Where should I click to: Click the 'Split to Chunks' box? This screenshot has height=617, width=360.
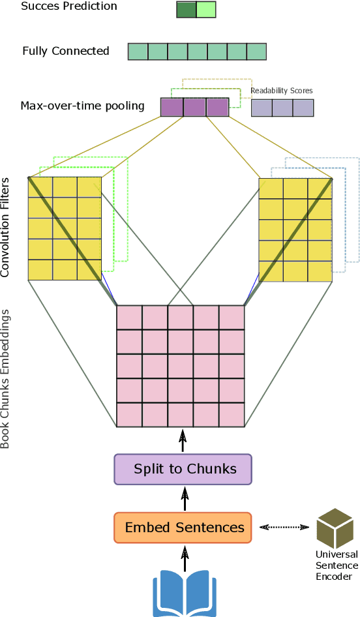(183, 469)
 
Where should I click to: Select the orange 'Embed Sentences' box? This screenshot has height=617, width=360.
(183, 527)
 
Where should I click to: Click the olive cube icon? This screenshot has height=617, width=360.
(335, 528)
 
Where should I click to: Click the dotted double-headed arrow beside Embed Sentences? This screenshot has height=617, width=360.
(284, 527)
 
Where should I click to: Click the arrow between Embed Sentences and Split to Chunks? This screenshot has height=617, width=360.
(184, 498)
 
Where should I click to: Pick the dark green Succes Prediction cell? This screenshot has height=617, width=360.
(186, 9)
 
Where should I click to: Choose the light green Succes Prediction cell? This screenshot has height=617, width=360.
(205, 9)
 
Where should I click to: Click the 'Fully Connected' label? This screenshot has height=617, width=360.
(66, 51)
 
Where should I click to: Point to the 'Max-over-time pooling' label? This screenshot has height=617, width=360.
(83, 106)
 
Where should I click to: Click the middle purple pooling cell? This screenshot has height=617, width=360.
(194, 107)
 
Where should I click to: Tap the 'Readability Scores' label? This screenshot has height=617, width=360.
(282, 91)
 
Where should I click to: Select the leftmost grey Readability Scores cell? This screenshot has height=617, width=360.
(262, 108)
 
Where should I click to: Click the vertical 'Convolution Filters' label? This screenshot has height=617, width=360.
(7, 226)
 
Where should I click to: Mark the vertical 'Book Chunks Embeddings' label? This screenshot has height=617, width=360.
(7, 378)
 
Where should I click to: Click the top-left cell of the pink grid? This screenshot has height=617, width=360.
(129, 317)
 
